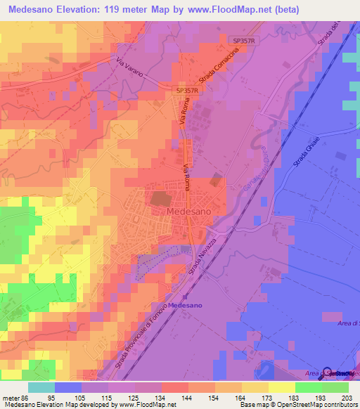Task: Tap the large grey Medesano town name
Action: click(x=186, y=210)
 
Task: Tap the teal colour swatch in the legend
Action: click(x=41, y=387)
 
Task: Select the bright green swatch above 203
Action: click(x=335, y=387)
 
